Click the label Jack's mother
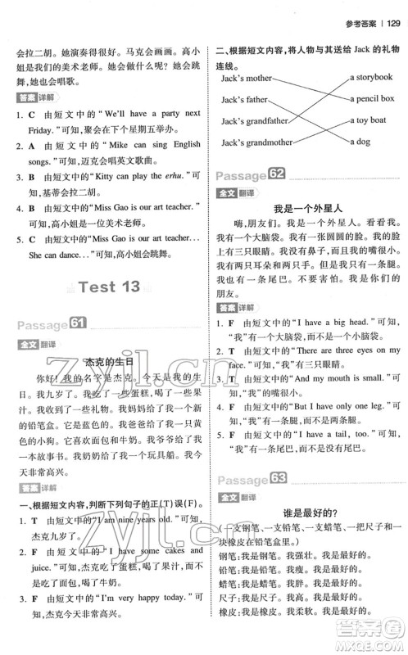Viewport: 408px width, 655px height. pos(247,79)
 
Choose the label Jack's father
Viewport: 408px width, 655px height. pos(244,100)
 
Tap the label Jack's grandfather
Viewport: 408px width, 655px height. pos(255,121)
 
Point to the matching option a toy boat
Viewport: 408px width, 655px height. pos(368,120)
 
